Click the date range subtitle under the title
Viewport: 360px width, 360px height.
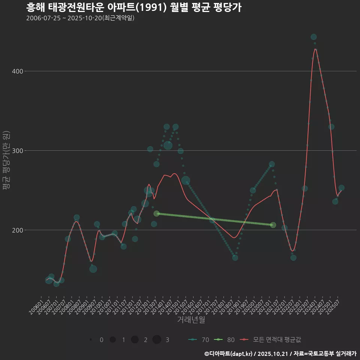80,18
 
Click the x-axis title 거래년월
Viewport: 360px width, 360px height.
191,320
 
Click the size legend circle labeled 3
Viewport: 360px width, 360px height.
157,340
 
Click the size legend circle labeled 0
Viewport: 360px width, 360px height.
91,340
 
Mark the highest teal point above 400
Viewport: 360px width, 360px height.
313,37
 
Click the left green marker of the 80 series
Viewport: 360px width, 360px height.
156,213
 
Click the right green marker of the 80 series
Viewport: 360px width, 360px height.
273,225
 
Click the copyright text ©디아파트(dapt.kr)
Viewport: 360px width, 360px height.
229,354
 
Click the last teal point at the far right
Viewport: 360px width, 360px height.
341,188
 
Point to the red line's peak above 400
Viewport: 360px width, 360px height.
315,49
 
